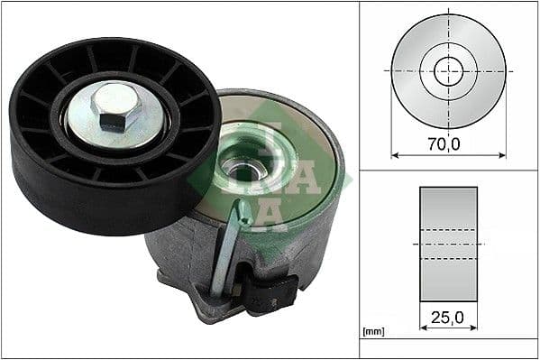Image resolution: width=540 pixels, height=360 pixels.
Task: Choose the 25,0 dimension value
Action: pyautogui.click(x=448, y=317)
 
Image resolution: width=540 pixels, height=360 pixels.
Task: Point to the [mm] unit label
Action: pyautogui.click(x=372, y=332)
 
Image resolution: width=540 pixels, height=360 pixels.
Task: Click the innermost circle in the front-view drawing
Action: pyautogui.click(x=448, y=70)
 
